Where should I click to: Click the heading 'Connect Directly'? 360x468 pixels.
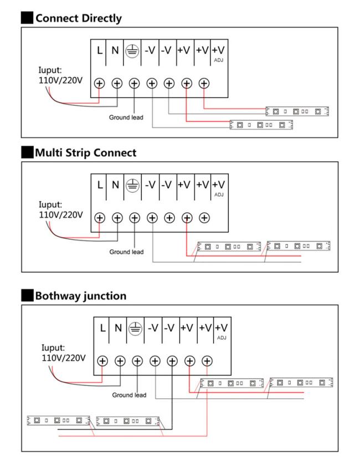click(78, 18)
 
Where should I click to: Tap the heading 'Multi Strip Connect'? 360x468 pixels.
click(85, 153)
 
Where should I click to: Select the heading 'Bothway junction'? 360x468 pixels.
click(80, 296)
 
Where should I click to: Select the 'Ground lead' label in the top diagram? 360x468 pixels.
click(126, 117)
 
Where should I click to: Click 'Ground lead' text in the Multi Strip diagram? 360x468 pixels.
click(126, 252)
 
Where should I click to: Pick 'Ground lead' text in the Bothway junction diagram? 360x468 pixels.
click(129, 395)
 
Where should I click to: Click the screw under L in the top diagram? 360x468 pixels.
click(100, 83)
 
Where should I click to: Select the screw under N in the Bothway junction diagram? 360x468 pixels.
click(120, 361)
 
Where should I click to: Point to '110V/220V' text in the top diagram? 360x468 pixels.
click(58, 80)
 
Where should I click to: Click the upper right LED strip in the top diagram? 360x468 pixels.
click(297, 111)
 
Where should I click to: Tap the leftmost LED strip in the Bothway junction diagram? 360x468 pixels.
click(58, 420)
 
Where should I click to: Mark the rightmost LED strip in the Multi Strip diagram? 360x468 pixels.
click(298, 245)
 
